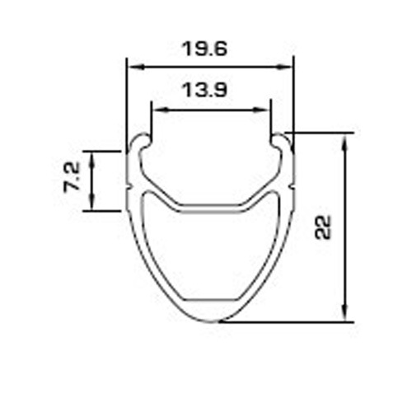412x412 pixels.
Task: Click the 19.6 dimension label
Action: coord(204,49)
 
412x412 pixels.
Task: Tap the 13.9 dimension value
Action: coord(204,90)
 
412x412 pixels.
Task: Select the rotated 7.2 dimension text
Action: coord(72,177)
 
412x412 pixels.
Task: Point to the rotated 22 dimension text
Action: coord(323,227)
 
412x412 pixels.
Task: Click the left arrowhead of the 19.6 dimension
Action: coord(137,67)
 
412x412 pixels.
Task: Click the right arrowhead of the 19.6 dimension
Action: coord(284,67)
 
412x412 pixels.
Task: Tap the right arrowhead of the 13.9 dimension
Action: coord(260,110)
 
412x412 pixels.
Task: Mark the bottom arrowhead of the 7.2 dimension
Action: coord(92,202)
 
